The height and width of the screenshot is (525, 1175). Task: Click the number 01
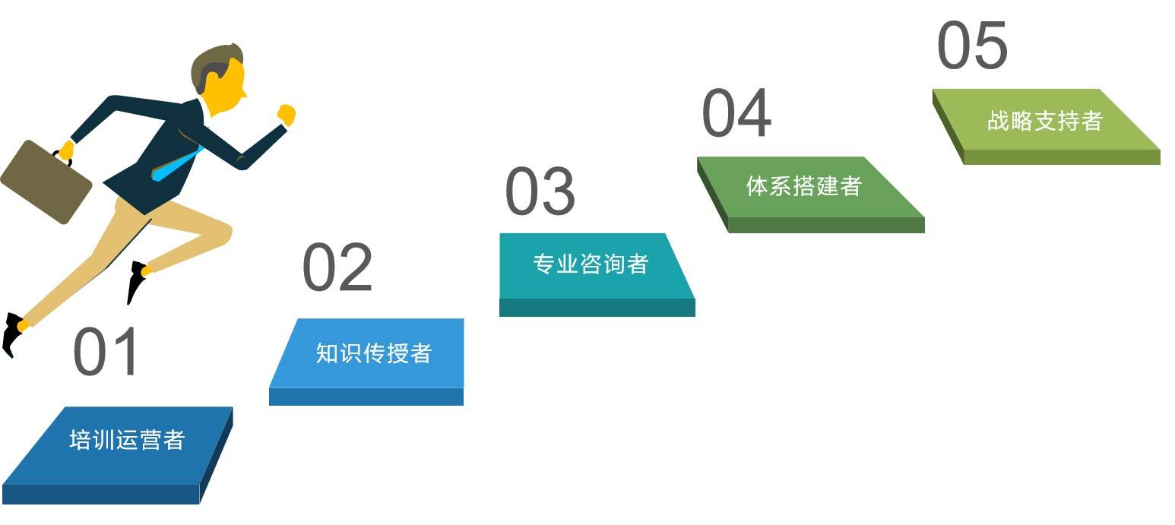coord(106,352)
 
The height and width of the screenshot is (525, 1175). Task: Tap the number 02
coord(337,267)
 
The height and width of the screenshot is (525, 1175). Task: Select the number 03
coord(540,191)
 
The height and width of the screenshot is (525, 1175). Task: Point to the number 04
coord(736,112)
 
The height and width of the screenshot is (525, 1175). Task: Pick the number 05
coord(972,45)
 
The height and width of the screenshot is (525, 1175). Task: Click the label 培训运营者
coord(128,439)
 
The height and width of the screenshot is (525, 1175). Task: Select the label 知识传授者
coord(373,353)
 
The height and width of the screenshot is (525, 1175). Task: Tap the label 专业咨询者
coord(591,264)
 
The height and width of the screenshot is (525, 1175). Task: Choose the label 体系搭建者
coord(804,186)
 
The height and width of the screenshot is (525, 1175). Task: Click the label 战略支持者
coord(1045,121)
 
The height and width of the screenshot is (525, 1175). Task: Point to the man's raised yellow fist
coord(287,115)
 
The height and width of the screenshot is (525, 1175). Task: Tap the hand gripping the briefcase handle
coord(66,150)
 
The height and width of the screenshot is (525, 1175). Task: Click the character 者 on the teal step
coord(638,264)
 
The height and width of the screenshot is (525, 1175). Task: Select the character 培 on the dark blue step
coord(81,439)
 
